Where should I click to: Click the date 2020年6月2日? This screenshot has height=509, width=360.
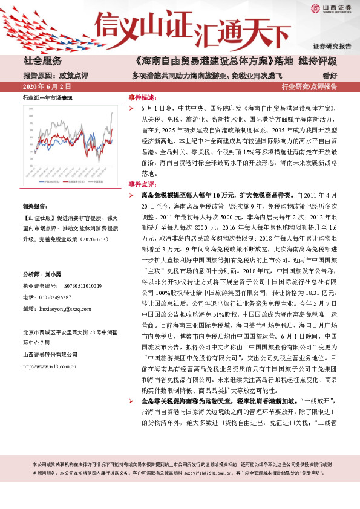click(43, 87)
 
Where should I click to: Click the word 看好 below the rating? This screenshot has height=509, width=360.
click(329, 75)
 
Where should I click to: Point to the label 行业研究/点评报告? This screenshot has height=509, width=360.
click(309, 87)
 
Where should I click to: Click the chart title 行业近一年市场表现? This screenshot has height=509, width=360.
click(48, 97)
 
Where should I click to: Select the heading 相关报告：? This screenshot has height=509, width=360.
click(38, 206)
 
